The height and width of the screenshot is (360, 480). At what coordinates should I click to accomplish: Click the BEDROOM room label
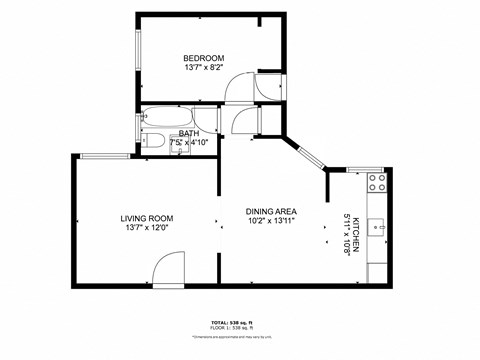point(203,57)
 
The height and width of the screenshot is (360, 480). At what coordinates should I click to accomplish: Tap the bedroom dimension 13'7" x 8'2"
point(203,68)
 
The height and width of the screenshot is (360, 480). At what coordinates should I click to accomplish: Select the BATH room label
point(189,133)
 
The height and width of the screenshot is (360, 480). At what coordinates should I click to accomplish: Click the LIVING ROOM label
point(147,218)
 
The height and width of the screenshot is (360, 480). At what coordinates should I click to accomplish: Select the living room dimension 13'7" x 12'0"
point(147,228)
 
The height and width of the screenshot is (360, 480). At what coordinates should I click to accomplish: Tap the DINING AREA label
point(271,211)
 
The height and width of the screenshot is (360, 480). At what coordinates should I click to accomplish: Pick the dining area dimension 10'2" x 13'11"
point(271,221)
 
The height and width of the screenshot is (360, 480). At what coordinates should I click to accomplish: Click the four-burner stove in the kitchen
point(377,182)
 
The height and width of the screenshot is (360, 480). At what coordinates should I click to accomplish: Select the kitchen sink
point(378,227)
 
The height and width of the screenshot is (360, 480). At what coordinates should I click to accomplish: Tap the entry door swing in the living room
point(169,269)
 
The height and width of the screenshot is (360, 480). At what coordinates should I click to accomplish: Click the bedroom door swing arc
point(239,87)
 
